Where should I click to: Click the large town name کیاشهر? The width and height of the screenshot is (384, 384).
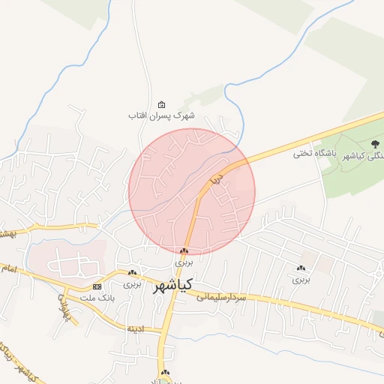tap(172, 285)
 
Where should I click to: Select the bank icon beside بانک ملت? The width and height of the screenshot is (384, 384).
tap(97, 286)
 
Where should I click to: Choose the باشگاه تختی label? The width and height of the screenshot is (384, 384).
tap(313, 153)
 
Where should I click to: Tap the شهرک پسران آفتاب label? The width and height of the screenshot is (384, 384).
tap(161, 115)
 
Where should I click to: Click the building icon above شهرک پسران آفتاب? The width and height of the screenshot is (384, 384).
tap(161, 104)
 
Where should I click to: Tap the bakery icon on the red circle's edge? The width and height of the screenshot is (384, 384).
tap(184, 250)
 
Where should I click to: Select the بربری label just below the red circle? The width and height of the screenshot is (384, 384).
tap(184, 262)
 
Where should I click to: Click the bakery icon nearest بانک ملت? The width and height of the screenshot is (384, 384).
tap(133, 273)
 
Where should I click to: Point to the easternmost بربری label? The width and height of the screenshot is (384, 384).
tap(301, 279)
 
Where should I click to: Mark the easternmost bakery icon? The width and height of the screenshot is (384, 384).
tap(301, 268)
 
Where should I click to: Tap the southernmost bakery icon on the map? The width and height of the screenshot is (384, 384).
tap(165, 372)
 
